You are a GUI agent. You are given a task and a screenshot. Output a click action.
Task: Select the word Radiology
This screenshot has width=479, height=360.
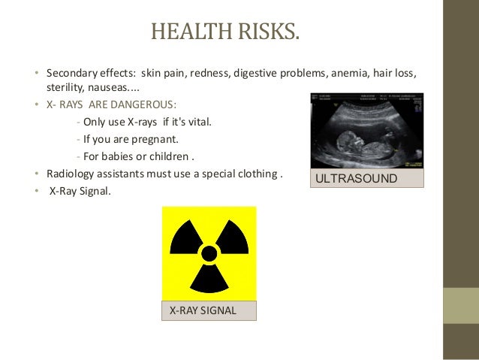coord(69,174)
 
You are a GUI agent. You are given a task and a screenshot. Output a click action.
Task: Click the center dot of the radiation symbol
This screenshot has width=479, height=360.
coord(209,253)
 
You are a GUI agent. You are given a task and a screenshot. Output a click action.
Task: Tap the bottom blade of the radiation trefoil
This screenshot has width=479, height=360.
coord(209,279)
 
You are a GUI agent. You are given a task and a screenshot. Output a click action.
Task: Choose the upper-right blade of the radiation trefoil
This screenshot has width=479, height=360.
coord(232,238)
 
